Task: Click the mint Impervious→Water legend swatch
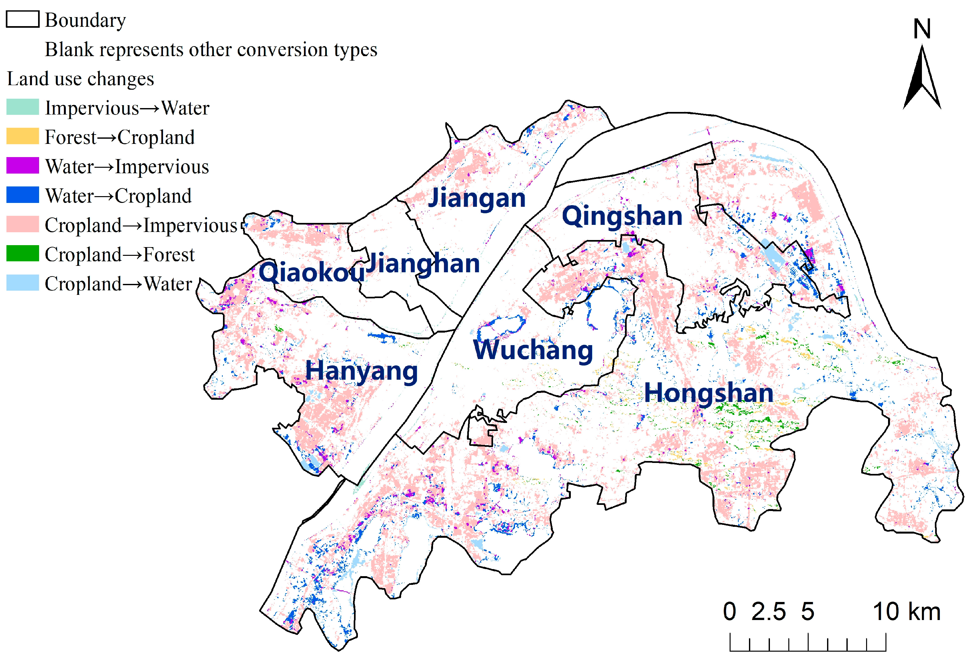[x=23, y=107]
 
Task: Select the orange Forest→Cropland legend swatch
[x=23, y=136]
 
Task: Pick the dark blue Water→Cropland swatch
[x=23, y=195]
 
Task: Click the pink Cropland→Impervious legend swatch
[x=23, y=224]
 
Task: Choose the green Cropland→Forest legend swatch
[x=23, y=253]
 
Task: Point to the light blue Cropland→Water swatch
[x=23, y=283]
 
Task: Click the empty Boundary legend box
[x=23, y=19]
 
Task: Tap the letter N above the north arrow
[x=922, y=29]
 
